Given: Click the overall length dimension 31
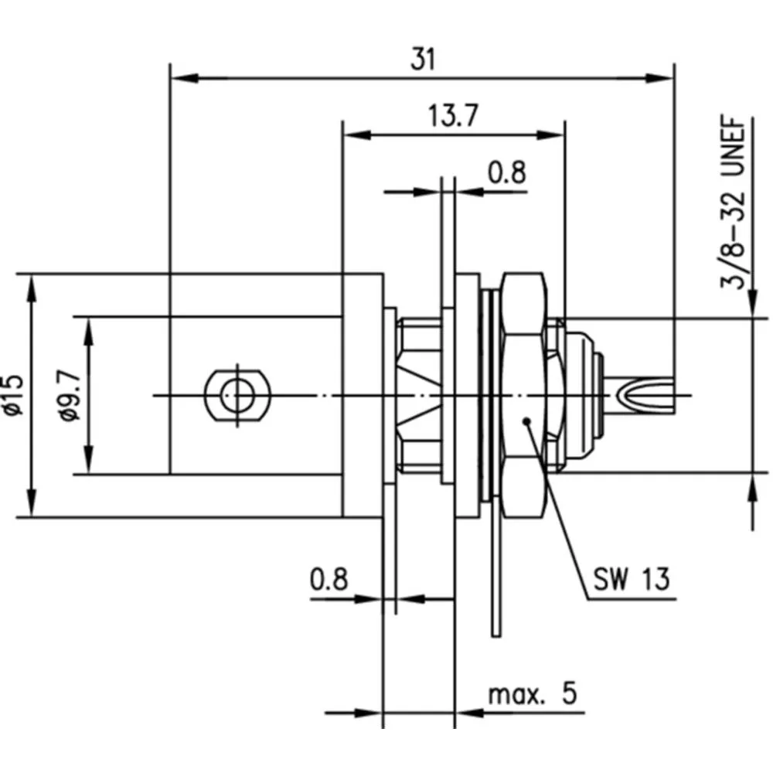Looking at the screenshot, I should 423,60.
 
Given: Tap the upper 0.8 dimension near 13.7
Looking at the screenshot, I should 506,173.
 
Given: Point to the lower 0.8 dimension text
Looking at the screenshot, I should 329,579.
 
